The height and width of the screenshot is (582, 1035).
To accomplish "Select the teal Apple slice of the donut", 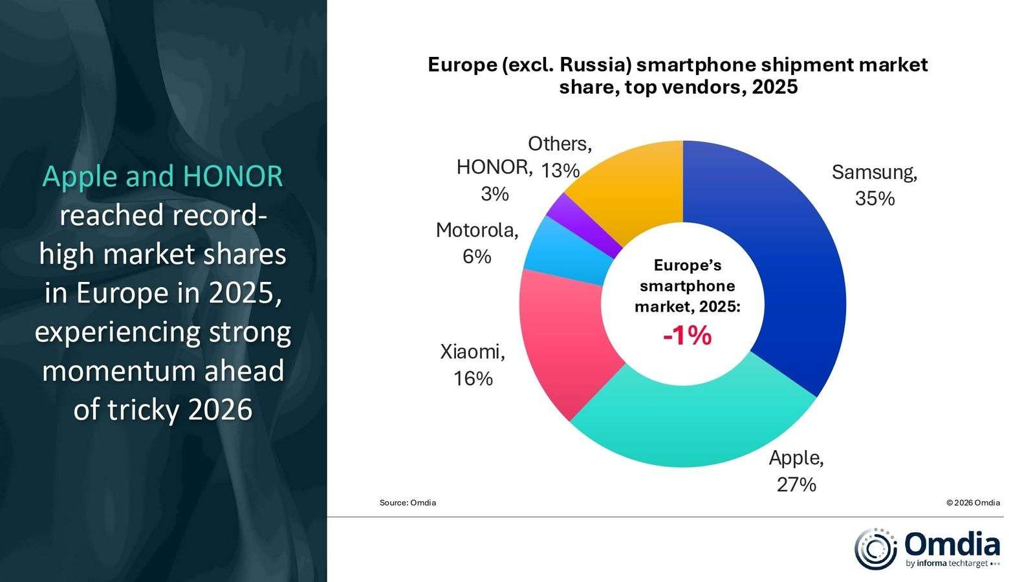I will click(692, 420).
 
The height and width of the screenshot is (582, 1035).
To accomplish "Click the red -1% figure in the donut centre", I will click(687, 336).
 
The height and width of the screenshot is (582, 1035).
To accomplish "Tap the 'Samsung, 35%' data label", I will click(875, 185).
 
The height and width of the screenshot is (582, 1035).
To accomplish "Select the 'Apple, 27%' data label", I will click(796, 471).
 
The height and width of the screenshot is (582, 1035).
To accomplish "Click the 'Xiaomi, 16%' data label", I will click(473, 365).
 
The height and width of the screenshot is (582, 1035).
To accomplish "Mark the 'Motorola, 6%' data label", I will click(477, 242).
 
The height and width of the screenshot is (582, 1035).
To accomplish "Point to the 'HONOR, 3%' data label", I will click(495, 180).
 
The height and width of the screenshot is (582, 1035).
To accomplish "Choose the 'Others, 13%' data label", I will click(560, 156).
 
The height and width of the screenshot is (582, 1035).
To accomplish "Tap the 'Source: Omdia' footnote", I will click(408, 502).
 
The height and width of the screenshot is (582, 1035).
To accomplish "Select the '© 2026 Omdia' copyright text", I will click(973, 502).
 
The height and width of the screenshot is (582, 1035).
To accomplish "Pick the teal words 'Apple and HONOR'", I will click(163, 176).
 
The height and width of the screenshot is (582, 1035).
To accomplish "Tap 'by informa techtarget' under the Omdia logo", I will click(947, 563).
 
